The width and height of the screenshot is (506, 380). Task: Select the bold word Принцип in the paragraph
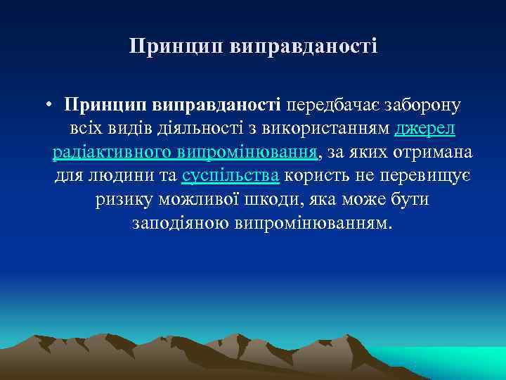click(103, 106)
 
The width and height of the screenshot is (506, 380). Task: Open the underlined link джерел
click(426, 129)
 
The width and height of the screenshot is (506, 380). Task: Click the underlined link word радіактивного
click(114, 153)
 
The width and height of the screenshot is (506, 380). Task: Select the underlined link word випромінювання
click(249, 153)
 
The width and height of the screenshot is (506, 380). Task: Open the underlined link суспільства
click(231, 176)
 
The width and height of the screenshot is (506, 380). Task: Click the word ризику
click(120, 200)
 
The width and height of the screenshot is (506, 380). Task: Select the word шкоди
click(266, 200)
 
